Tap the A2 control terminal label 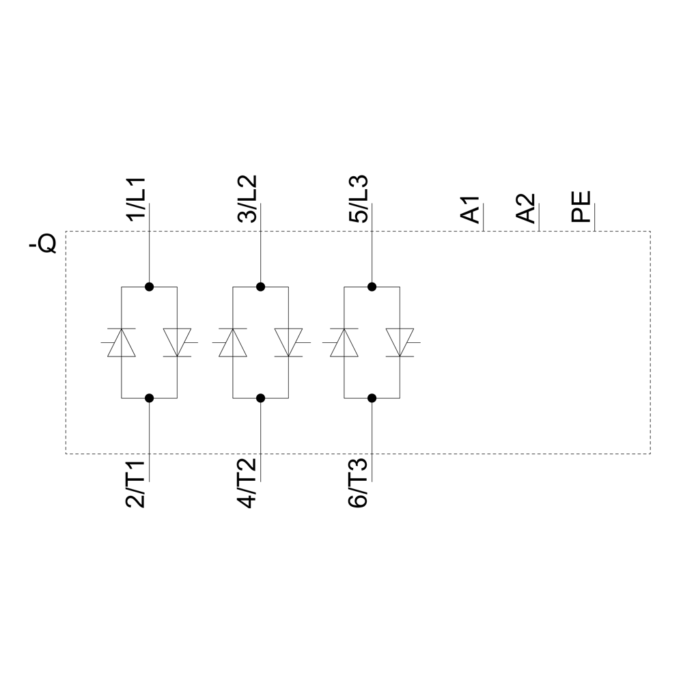tap(527, 208)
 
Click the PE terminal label tap(582, 208)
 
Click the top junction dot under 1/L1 tap(149, 287)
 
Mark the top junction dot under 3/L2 tap(260, 287)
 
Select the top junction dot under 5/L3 tap(372, 287)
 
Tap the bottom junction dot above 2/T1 tap(149, 398)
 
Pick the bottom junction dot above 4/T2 tap(260, 398)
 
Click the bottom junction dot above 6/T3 tap(372, 398)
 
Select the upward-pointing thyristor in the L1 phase tap(122, 342)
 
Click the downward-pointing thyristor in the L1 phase tap(177, 342)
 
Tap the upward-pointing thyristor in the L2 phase tap(233, 342)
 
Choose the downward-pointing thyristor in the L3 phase tap(400, 342)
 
